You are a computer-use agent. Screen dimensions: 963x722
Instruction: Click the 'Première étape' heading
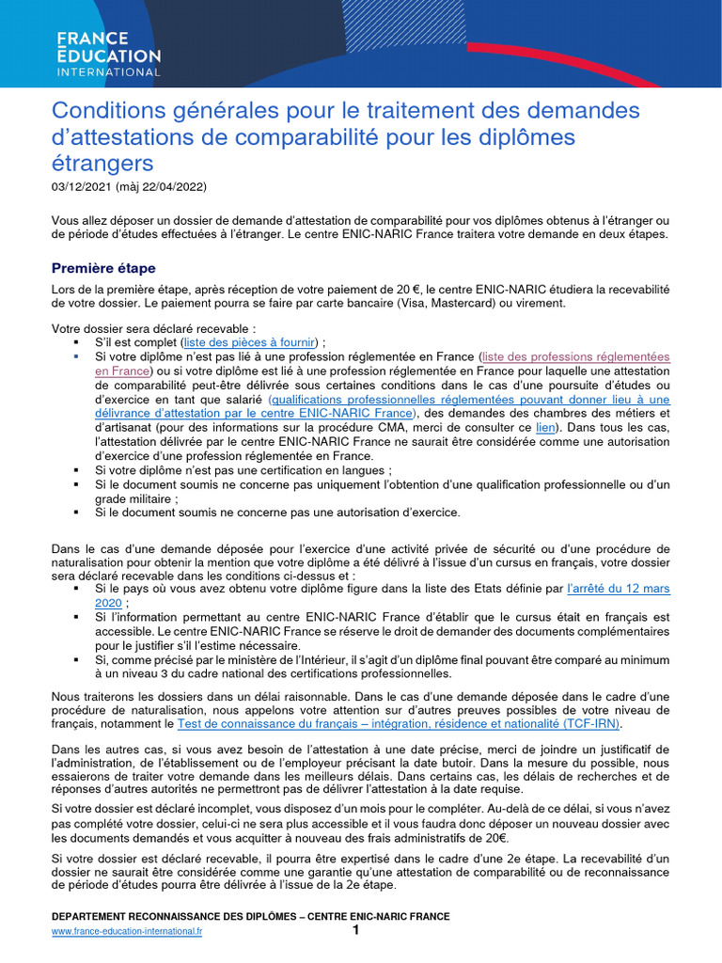[x=103, y=268]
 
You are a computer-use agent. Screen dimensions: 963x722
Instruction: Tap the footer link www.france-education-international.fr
[x=127, y=931]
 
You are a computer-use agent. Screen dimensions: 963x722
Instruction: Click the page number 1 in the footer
[x=355, y=930]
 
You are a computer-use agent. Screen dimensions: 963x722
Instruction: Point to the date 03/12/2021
[x=82, y=186]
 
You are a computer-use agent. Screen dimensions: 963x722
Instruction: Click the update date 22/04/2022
[x=171, y=186]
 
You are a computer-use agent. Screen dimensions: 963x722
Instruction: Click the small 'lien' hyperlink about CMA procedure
[x=545, y=426]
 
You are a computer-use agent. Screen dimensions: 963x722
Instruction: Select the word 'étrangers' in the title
[x=101, y=164]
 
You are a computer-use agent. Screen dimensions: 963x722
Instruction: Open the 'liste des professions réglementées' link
[x=574, y=356]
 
